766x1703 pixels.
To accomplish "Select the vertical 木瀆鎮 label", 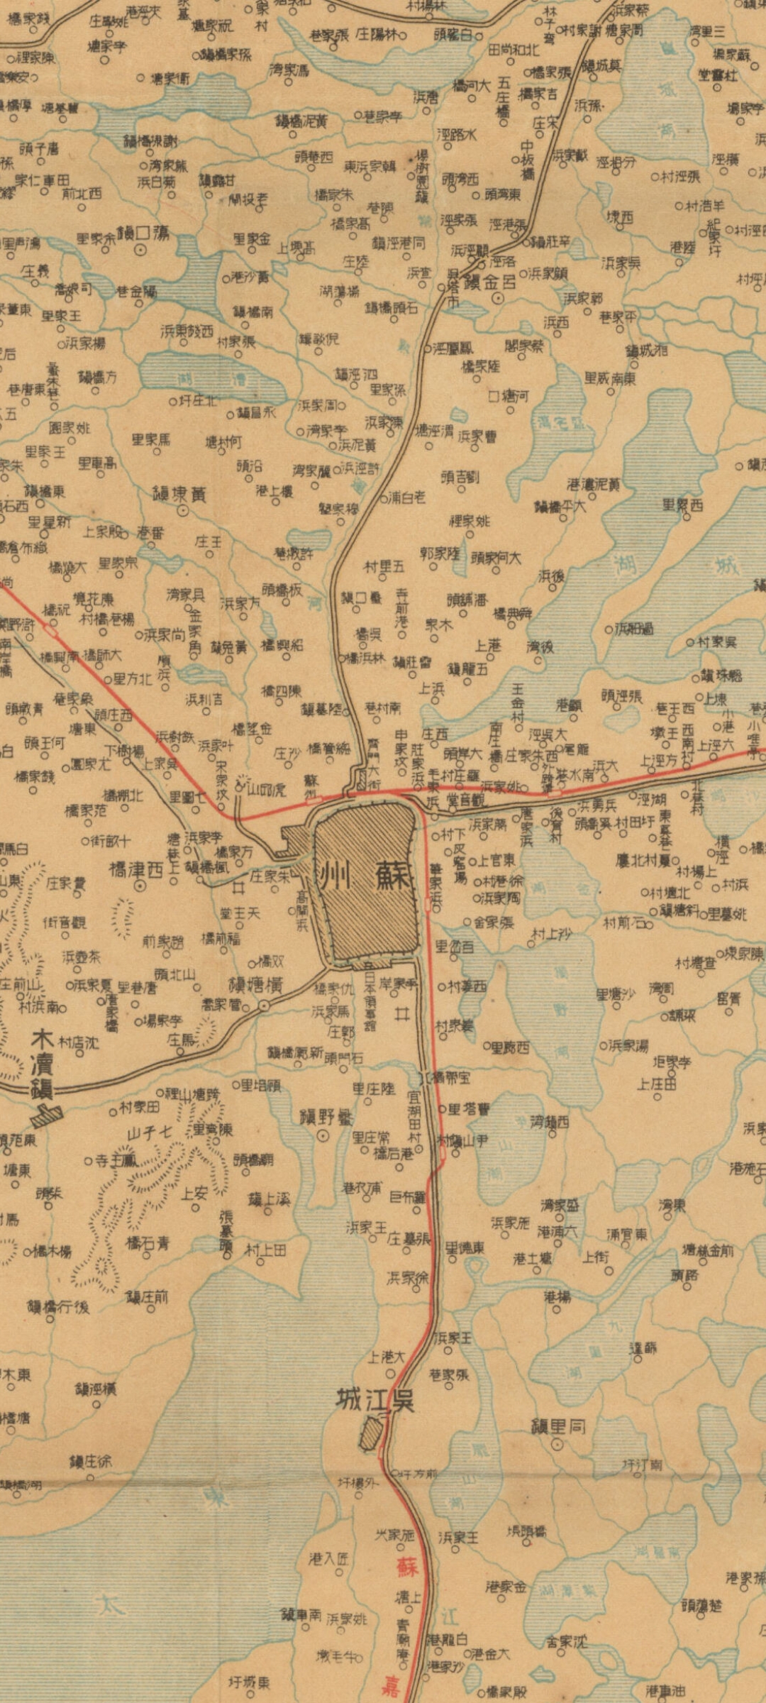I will (44, 1064).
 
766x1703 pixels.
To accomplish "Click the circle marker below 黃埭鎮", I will (182, 509).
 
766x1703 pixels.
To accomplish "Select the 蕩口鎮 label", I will (143, 233).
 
